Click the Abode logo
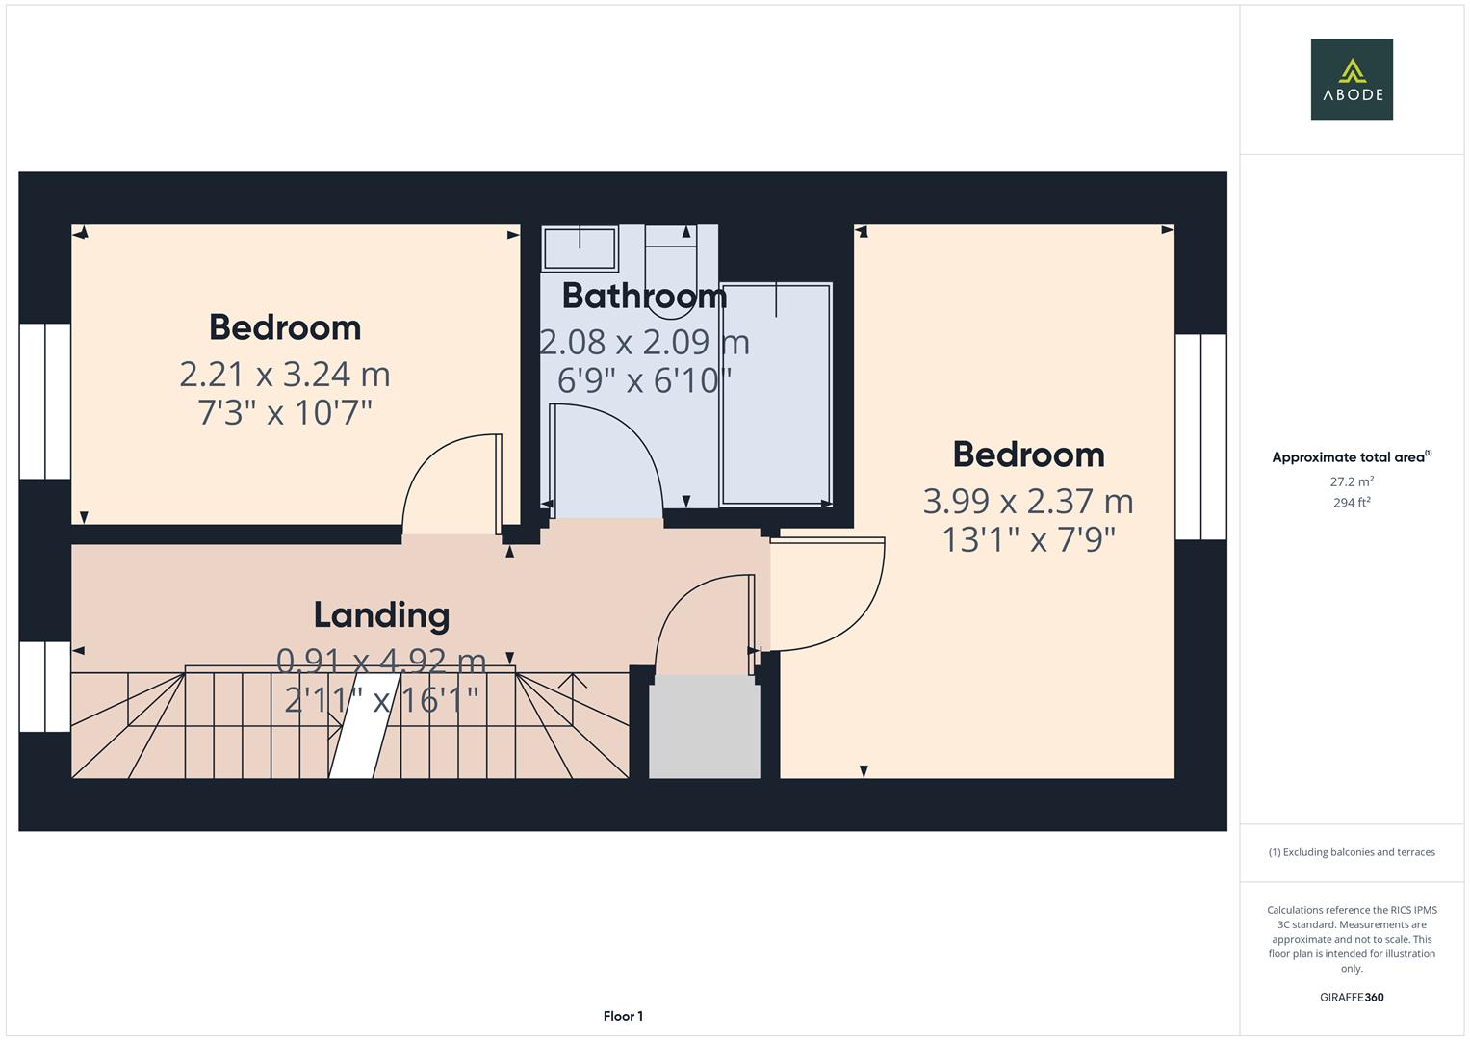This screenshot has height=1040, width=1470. click(1351, 80)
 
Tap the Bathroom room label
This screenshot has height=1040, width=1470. click(643, 296)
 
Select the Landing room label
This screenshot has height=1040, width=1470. click(381, 615)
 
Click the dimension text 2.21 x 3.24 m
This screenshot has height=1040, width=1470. click(284, 374)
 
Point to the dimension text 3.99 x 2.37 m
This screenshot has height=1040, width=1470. click(1027, 501)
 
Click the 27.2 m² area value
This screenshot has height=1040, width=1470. click(1351, 481)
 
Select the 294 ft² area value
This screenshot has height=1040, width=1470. click(1351, 503)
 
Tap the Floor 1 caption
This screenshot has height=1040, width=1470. click(623, 1016)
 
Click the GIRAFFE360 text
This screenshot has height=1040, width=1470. click(1351, 997)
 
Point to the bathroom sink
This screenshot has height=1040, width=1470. click(580, 248)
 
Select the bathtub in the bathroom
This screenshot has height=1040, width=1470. click(776, 394)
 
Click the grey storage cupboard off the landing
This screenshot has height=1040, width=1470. click(704, 727)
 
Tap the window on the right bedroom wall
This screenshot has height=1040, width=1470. click(1200, 436)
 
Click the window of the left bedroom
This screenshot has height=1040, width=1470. click(45, 401)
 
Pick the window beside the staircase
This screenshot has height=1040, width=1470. click(45, 687)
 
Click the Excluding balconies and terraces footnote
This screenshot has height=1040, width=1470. click(1351, 852)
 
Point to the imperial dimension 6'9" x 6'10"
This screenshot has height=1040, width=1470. click(643, 380)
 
